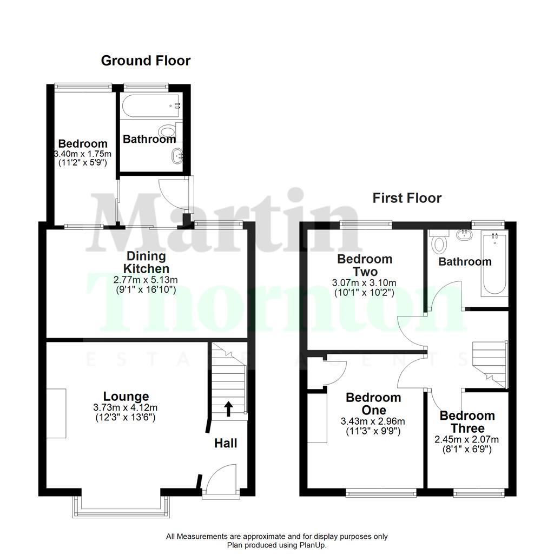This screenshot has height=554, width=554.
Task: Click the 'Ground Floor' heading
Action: [x=146, y=61]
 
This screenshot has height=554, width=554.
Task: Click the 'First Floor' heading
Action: [x=407, y=198]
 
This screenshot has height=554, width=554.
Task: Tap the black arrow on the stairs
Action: [x=228, y=409]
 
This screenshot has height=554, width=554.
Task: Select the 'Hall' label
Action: [x=226, y=443]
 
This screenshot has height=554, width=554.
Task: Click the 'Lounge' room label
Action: [x=127, y=397]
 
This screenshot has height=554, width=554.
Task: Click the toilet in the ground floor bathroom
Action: [x=169, y=131]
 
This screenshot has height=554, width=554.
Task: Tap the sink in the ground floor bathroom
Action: [x=178, y=157]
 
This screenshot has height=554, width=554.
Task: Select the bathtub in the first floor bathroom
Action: [x=493, y=263]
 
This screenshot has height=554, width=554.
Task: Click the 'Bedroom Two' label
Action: [x=364, y=265]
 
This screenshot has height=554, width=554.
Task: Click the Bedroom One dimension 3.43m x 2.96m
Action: [x=373, y=421]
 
